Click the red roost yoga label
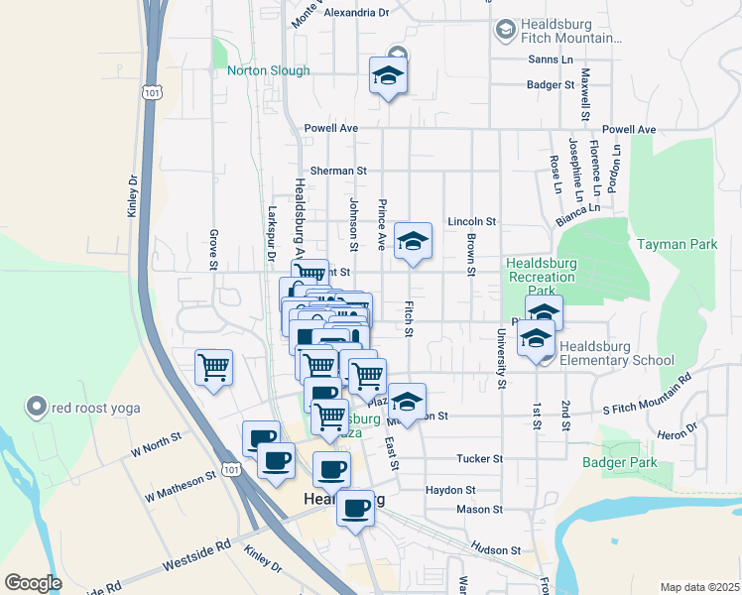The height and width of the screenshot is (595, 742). coord(98,408)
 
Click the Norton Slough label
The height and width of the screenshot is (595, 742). coord(268,70)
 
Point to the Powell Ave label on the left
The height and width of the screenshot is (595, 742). coord(331,129)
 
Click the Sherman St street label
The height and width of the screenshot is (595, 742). coord(332,171)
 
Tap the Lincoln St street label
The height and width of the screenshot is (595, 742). coord(470,222)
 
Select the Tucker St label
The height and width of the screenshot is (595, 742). coord(480,459)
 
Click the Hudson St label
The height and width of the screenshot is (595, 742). coord(496,549)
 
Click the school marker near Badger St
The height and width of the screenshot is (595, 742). coord(388,75)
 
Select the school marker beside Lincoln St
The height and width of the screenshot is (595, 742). coord(414,241)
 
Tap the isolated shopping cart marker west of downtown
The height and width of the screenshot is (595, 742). coord(213,368)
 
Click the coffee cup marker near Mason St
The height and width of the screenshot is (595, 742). coord(355,509)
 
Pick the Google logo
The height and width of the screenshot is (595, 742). coord(33,583)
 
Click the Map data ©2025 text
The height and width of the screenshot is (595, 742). coord(699,587)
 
